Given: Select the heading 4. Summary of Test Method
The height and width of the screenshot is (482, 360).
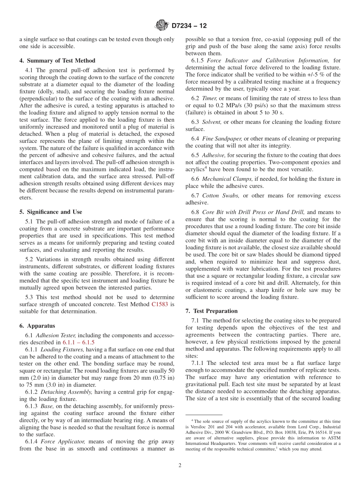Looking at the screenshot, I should pyautogui.click(x=57, y=61).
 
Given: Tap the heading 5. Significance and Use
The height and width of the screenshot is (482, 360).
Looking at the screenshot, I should pyautogui.click(x=50, y=212).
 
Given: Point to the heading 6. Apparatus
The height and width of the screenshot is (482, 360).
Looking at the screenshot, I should pyautogui.click(x=37, y=326).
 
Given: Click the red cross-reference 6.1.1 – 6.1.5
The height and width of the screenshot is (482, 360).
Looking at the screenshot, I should pyautogui.click(x=81, y=342).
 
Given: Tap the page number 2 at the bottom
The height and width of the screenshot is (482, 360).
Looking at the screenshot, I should pyautogui.click(x=180, y=465).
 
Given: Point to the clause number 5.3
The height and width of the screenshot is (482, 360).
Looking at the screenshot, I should pyautogui.click(x=30, y=297).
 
